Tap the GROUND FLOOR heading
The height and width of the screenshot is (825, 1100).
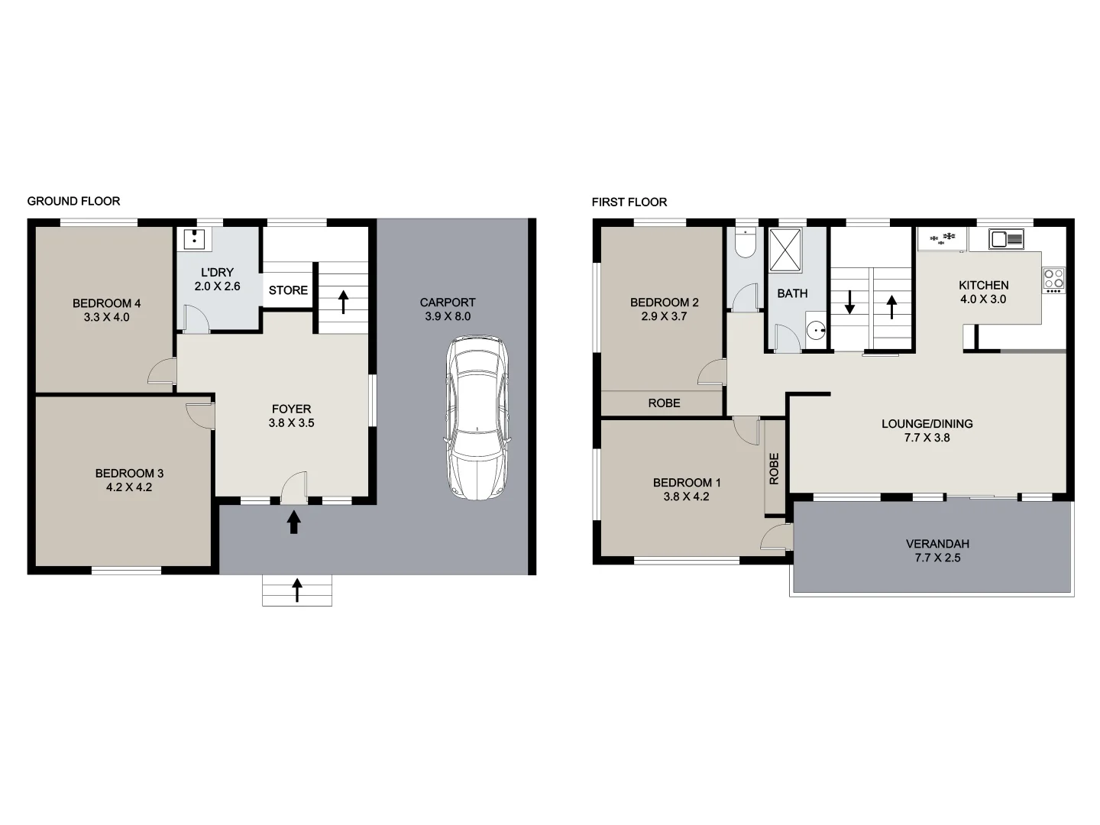(73, 201)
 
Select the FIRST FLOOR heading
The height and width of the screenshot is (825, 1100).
(629, 202)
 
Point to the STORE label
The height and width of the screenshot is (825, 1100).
(288, 290)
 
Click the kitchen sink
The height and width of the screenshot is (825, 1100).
(1007, 239)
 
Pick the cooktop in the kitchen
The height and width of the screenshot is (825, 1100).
(1054, 280)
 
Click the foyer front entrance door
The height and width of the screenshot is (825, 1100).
(294, 489)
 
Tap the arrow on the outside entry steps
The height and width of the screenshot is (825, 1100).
(297, 590)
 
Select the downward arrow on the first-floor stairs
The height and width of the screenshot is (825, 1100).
(849, 302)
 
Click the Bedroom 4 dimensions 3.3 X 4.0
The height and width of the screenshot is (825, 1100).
(106, 317)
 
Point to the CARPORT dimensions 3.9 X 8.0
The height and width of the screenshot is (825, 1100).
(448, 316)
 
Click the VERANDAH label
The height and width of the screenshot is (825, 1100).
(937, 544)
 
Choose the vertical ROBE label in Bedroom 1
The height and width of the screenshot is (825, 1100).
(774, 468)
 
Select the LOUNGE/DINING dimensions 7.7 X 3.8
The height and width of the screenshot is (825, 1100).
(927, 438)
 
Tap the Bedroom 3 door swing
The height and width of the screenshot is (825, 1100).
(200, 415)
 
